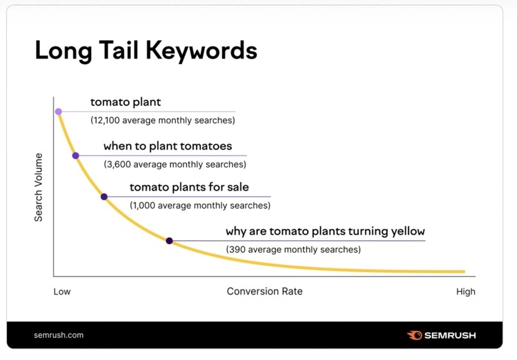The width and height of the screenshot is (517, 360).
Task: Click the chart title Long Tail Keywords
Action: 145,51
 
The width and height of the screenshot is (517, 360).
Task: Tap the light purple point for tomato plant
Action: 58,112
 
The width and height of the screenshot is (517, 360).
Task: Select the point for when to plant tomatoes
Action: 76,155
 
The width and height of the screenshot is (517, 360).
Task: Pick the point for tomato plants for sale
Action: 104,197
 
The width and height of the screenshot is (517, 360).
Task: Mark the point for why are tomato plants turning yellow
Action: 169,241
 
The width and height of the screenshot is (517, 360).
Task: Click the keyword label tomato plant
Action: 126,102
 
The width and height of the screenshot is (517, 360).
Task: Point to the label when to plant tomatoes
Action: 167,146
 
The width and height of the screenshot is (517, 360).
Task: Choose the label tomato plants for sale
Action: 189,187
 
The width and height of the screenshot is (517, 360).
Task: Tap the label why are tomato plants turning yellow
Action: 325,231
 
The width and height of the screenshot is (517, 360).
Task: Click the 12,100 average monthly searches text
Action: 162,120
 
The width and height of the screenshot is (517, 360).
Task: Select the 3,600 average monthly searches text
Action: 175,164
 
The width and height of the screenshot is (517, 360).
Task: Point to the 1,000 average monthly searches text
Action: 200,205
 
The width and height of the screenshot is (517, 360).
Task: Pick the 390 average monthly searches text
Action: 293,250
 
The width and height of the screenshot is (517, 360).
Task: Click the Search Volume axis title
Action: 39,187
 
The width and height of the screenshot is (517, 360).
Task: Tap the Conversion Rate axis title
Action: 264,291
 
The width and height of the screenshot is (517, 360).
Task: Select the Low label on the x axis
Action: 62,291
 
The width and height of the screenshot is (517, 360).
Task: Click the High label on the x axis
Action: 465,291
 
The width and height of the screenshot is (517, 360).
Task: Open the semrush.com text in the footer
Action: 59,335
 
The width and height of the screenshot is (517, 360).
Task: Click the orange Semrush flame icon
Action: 414,335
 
